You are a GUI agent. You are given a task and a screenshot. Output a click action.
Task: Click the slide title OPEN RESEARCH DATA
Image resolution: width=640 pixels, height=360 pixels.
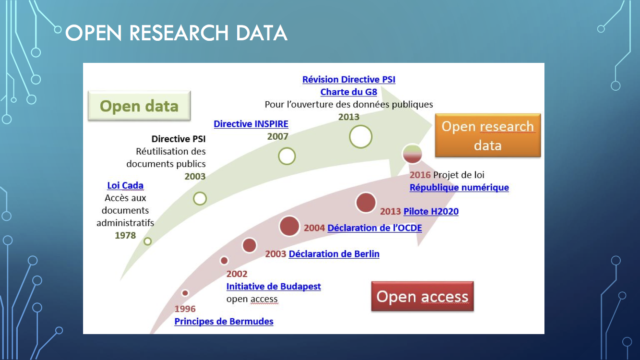pos(176,33)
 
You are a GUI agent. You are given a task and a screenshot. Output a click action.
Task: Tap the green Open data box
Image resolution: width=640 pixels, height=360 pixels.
pos(139,106)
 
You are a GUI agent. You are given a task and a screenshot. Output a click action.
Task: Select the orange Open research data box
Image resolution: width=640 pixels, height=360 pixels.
pos(488,135)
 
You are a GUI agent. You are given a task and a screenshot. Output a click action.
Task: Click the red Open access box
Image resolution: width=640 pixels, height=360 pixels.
pos(423,296)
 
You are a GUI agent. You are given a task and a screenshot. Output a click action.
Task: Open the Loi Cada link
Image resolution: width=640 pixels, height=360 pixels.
pos(125,185)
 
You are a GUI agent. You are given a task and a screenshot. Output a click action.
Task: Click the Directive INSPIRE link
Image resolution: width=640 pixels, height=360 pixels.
pos(251,124)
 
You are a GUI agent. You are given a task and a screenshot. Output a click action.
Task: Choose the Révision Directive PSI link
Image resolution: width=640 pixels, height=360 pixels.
pos(349,79)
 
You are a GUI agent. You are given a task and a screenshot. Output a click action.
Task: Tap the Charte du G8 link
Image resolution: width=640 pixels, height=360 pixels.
pos(349,92)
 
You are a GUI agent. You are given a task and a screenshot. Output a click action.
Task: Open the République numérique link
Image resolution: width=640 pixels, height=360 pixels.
pos(459,187)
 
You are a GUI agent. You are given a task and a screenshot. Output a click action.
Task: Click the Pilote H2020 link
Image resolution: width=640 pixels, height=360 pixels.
pos(431,211)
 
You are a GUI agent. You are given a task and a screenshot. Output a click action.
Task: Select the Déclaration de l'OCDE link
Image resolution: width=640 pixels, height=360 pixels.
pos(374,228)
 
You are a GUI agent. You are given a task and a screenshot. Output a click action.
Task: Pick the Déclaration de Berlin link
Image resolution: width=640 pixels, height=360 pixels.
pos(334,254)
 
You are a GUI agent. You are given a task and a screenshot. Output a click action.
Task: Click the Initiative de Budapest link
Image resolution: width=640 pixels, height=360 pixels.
pos(274,286)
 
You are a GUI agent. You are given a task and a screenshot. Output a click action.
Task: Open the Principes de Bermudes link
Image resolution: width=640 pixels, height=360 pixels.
pos(224,322)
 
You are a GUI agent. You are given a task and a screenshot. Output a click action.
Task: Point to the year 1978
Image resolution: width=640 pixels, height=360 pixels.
pos(125,235)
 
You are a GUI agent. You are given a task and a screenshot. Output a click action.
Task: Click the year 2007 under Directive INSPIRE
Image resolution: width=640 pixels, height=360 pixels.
pos(278,137)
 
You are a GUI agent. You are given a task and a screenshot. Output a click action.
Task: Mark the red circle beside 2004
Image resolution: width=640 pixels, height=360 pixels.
pos(289,226)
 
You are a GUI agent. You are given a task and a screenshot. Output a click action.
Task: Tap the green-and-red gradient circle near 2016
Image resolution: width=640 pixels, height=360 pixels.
pos(412,154)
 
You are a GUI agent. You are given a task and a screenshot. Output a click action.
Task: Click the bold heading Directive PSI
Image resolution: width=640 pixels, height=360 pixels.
pos(178,139)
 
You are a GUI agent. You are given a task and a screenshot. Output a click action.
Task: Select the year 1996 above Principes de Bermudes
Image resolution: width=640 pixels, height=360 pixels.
pos(185,309)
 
